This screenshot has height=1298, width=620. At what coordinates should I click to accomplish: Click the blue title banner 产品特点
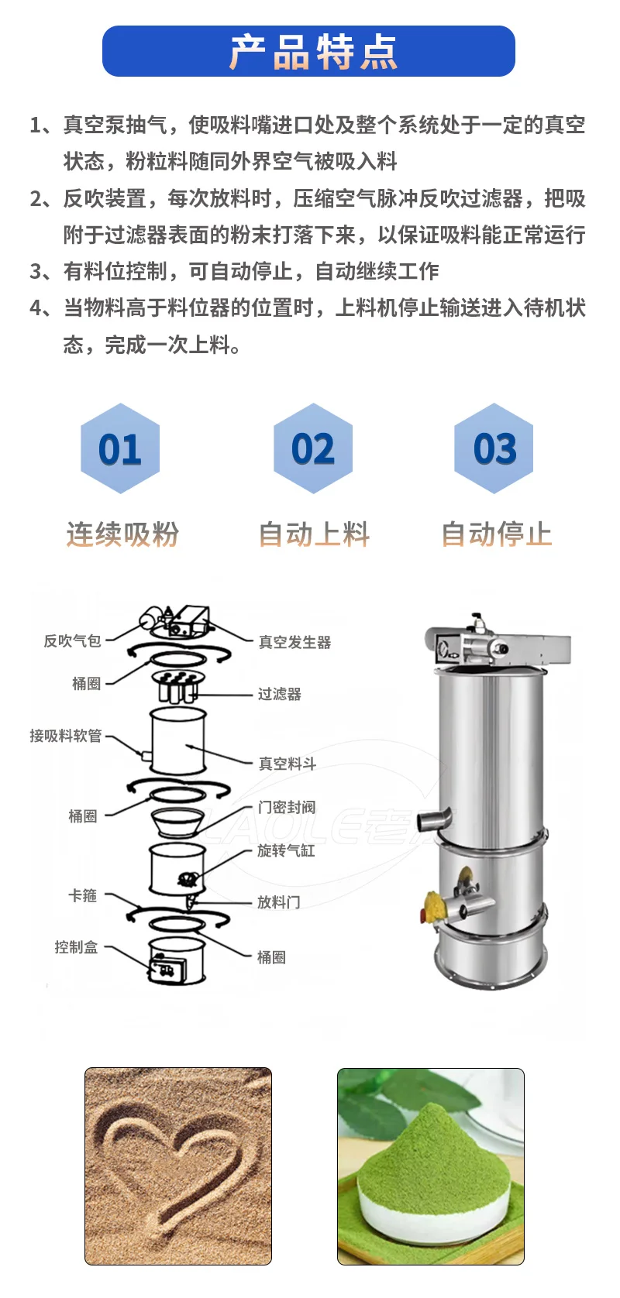[x=308, y=51]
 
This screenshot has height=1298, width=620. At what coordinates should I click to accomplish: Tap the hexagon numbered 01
[x=120, y=448]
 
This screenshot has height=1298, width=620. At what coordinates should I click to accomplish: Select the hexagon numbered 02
[x=313, y=448]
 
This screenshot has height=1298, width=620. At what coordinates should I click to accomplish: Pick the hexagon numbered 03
[x=494, y=448]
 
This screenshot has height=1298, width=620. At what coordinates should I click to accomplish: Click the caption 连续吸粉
[x=122, y=534]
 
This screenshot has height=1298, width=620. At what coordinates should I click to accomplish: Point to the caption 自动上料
[x=314, y=534]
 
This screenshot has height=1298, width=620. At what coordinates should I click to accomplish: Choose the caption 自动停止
[x=496, y=534]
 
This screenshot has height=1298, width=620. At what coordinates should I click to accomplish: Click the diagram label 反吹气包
[x=72, y=640]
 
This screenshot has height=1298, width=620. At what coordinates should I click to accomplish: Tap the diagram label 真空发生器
[x=294, y=642]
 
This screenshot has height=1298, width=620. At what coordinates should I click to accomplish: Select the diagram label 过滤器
[x=279, y=694]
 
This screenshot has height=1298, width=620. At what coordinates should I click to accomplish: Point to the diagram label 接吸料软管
[x=66, y=736]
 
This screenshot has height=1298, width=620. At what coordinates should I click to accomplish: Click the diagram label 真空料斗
[x=287, y=764]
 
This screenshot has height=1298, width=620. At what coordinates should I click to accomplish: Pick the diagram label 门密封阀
[x=286, y=807]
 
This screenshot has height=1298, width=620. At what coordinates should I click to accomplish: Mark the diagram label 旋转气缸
[x=286, y=850]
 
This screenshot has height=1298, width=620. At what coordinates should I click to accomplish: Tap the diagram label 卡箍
[x=83, y=895]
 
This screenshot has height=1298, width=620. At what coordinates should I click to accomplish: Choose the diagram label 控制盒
[x=76, y=946]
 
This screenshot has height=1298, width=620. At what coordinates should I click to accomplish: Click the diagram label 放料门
[x=278, y=901]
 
